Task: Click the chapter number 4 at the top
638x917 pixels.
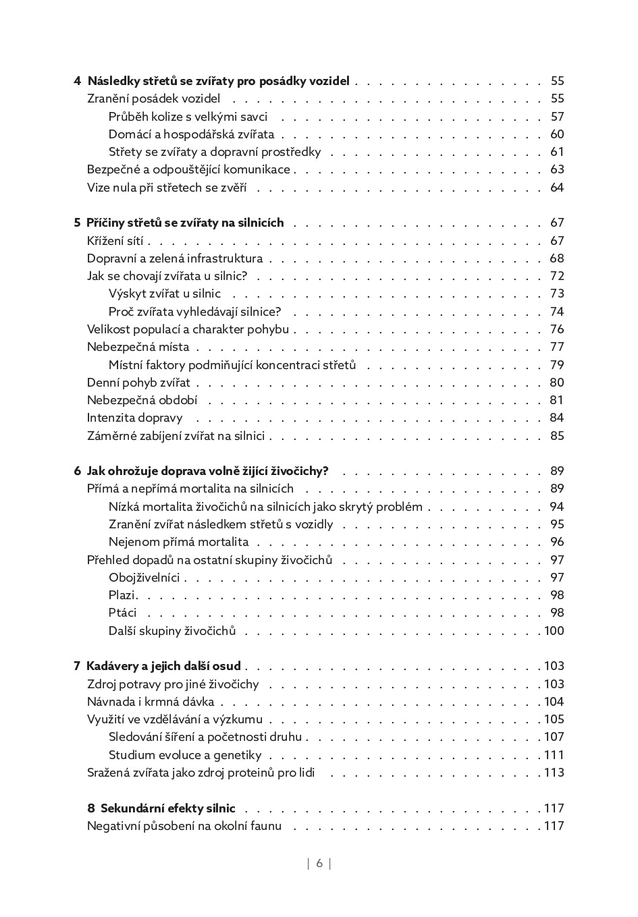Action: tap(77, 82)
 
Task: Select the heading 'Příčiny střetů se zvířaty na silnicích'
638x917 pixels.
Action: tap(185, 223)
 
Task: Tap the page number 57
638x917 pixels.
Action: tap(557, 117)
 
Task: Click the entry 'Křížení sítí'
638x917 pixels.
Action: tap(115, 241)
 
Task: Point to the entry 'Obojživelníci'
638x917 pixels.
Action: tap(144, 578)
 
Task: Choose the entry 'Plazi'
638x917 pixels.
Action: tap(122, 595)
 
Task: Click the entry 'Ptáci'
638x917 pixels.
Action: tap(122, 613)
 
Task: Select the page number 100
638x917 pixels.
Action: tap(554, 631)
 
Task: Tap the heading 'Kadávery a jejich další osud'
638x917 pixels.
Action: tap(163, 666)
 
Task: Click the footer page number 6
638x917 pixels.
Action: tap(319, 863)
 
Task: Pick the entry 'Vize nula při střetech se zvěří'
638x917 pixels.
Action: tap(167, 188)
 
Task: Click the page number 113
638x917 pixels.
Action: tap(554, 773)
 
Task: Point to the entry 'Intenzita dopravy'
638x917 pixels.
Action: tap(134, 418)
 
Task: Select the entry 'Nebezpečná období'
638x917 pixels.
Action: tap(142, 400)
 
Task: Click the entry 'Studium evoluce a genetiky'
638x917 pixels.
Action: tap(185, 755)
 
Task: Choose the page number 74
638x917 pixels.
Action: tap(557, 312)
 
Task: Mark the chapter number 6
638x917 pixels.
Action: tap(77, 471)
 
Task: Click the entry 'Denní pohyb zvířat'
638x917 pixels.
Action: tap(138, 383)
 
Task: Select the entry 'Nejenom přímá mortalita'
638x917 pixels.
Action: tap(178, 542)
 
